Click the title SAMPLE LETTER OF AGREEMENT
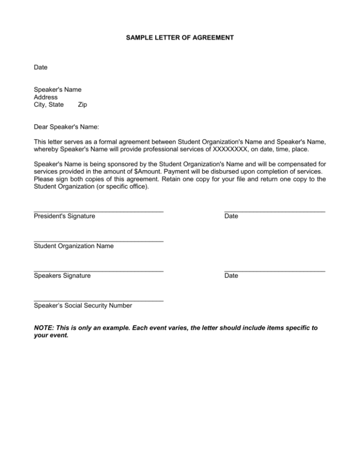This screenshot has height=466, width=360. pos(180,36)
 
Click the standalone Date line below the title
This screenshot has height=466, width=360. pos(41,68)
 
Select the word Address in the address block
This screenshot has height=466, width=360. pos(46,97)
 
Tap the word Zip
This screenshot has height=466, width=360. pos(82,105)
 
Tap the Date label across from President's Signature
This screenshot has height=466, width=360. pos(231,216)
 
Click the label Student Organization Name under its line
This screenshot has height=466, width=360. pos(74,246)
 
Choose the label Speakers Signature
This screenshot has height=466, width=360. pos(62,276)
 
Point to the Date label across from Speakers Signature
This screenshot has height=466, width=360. pos(231,276)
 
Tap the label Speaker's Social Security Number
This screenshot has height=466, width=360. pos(83,306)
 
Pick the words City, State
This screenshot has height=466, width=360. pos(49,105)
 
